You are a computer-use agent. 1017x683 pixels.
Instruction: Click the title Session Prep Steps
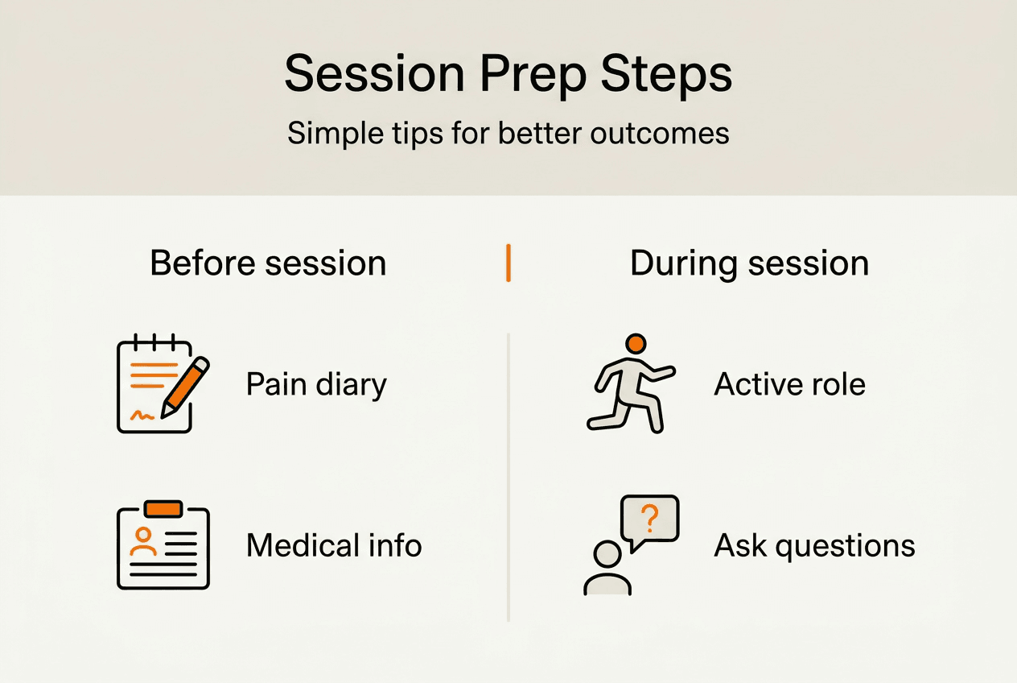tap(508, 75)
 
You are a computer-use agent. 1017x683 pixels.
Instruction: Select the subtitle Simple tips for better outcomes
tap(508, 133)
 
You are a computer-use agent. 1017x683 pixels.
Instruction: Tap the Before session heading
tap(268, 264)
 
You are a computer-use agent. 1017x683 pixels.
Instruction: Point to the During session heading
tap(749, 264)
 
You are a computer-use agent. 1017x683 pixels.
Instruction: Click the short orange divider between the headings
tap(508, 264)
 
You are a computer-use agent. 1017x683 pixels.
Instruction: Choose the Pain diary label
tap(316, 384)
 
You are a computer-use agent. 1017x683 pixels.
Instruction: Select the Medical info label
tap(334, 545)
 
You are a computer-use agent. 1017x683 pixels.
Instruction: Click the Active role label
tap(789, 384)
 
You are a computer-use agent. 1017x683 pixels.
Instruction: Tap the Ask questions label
tap(814, 545)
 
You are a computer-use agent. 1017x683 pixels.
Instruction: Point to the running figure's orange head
tap(636, 344)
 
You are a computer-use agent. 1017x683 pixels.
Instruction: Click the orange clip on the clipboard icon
tap(163, 509)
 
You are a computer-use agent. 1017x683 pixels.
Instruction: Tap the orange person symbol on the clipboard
tap(144, 540)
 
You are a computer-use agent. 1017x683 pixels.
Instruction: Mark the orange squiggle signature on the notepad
tap(142, 415)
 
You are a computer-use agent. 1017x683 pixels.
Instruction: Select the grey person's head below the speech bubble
tap(607, 553)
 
